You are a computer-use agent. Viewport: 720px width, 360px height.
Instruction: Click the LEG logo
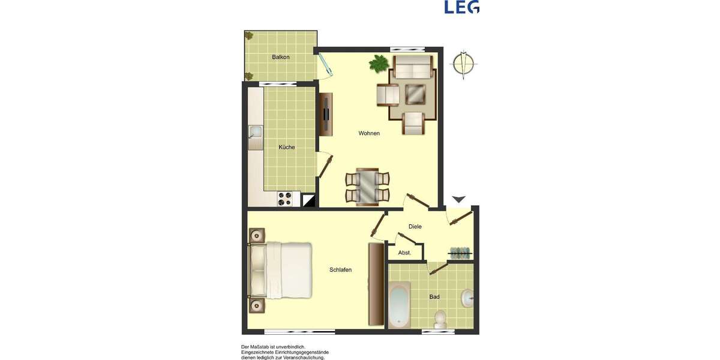click(461, 7)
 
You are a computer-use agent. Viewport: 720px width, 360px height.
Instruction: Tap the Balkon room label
click(281, 57)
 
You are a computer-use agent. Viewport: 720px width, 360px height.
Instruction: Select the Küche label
click(287, 147)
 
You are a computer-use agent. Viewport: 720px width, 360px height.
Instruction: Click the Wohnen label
click(369, 133)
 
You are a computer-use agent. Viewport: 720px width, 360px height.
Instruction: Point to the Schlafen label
click(340, 270)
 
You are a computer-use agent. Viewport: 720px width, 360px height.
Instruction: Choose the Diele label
click(415, 227)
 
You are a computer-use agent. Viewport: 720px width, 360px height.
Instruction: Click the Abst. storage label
click(404, 253)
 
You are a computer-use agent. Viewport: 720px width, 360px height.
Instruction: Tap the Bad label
click(434, 297)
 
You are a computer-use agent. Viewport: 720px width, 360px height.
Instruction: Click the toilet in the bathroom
click(440, 319)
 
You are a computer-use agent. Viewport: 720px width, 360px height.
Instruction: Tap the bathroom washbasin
click(467, 296)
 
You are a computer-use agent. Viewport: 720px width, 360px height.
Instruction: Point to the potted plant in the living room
click(379, 63)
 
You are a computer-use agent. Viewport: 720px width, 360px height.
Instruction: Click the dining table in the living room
click(367, 187)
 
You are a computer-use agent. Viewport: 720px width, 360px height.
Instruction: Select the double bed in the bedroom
click(281, 270)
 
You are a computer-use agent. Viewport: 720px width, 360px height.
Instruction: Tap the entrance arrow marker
click(458, 199)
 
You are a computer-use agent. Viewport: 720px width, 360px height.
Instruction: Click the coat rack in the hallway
click(460, 253)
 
